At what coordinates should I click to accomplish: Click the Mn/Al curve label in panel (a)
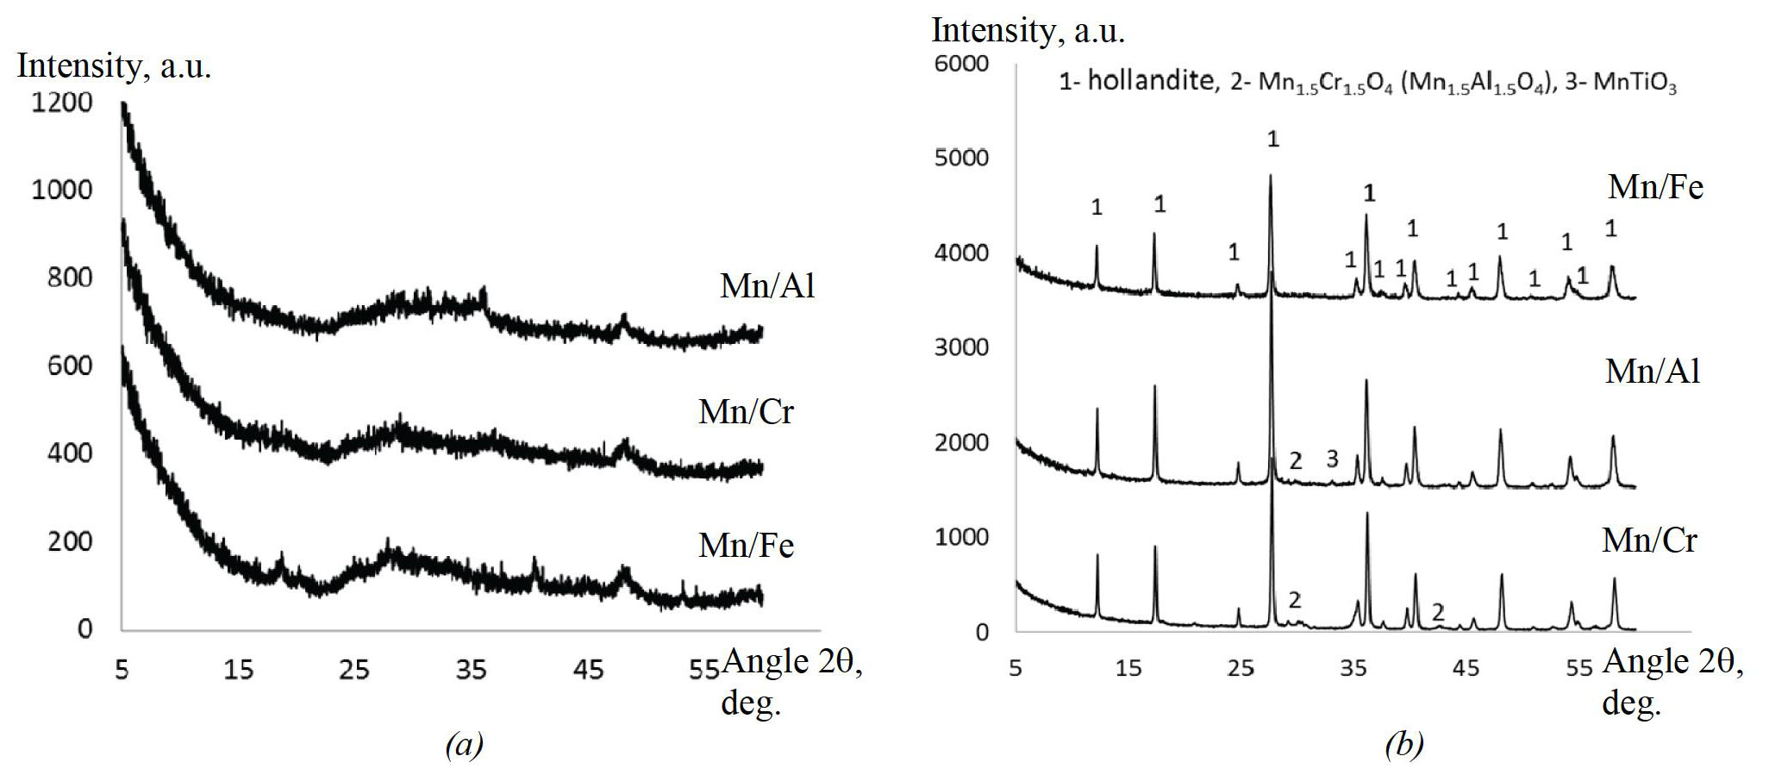(767, 286)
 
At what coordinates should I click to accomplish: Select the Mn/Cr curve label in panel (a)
(746, 412)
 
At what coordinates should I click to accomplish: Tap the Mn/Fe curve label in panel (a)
(746, 546)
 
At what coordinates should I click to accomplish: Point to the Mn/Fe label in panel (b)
(1655, 187)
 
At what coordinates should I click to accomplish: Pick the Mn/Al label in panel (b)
(1653, 372)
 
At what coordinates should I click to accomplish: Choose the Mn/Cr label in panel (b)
(1649, 540)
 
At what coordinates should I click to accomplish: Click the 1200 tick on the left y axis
(61, 103)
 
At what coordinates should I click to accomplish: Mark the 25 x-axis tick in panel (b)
(1240, 667)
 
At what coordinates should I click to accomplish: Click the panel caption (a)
(464, 744)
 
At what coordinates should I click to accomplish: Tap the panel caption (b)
(1403, 744)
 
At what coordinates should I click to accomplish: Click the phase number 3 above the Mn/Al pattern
(1332, 459)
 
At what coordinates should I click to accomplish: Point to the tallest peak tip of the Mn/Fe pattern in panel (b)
(1271, 176)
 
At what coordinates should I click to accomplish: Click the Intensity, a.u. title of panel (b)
(1028, 31)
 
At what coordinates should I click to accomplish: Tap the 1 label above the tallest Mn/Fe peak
(1273, 139)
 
